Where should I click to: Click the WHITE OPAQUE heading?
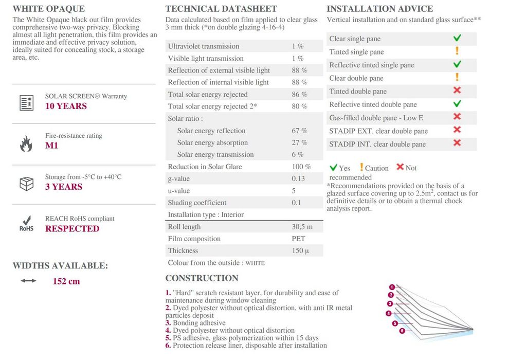pyautogui.click(x=49, y=9)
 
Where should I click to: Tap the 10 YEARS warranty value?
pyautogui.click(x=66, y=106)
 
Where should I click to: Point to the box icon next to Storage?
pyautogui.click(x=26, y=183)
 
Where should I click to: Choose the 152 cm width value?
pyautogui.click(x=66, y=281)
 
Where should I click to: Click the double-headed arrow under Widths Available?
pyautogui.click(x=29, y=281)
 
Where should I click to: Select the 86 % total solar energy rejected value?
pyautogui.click(x=299, y=95)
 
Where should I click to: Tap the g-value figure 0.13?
pyautogui.click(x=298, y=178)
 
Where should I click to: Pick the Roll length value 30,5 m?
pyautogui.click(x=302, y=227)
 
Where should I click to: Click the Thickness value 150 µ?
pyautogui.click(x=300, y=250)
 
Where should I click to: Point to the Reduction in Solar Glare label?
pyautogui.click(x=205, y=167)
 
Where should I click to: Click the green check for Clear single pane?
pyautogui.click(x=457, y=38)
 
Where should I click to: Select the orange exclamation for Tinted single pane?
pyautogui.click(x=457, y=51)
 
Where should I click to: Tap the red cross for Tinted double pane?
pyautogui.click(x=457, y=91)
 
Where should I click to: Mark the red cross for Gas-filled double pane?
pyautogui.click(x=457, y=117)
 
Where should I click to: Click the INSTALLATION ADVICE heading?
pyautogui.click(x=379, y=9)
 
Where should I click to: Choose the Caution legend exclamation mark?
pyautogui.click(x=361, y=167)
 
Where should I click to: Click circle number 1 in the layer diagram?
pyautogui.click(x=392, y=287)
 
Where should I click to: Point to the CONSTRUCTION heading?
pyautogui.click(x=202, y=278)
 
